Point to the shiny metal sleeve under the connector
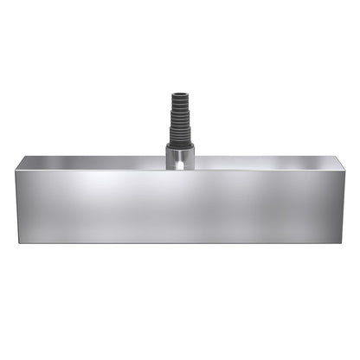180,159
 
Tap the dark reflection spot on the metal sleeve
176,161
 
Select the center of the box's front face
180,206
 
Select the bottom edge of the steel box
180,242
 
